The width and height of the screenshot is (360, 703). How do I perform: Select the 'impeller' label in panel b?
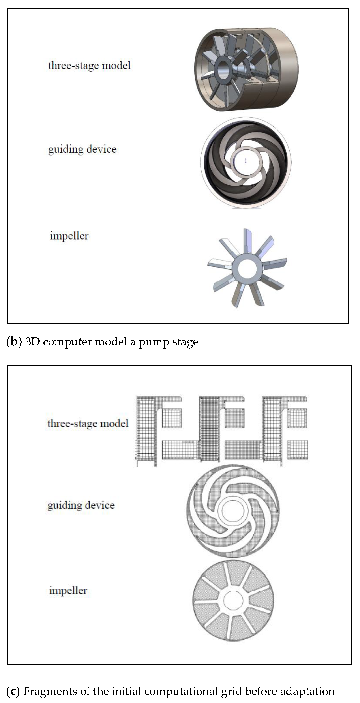(69, 236)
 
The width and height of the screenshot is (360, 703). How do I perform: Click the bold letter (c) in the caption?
(13, 691)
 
